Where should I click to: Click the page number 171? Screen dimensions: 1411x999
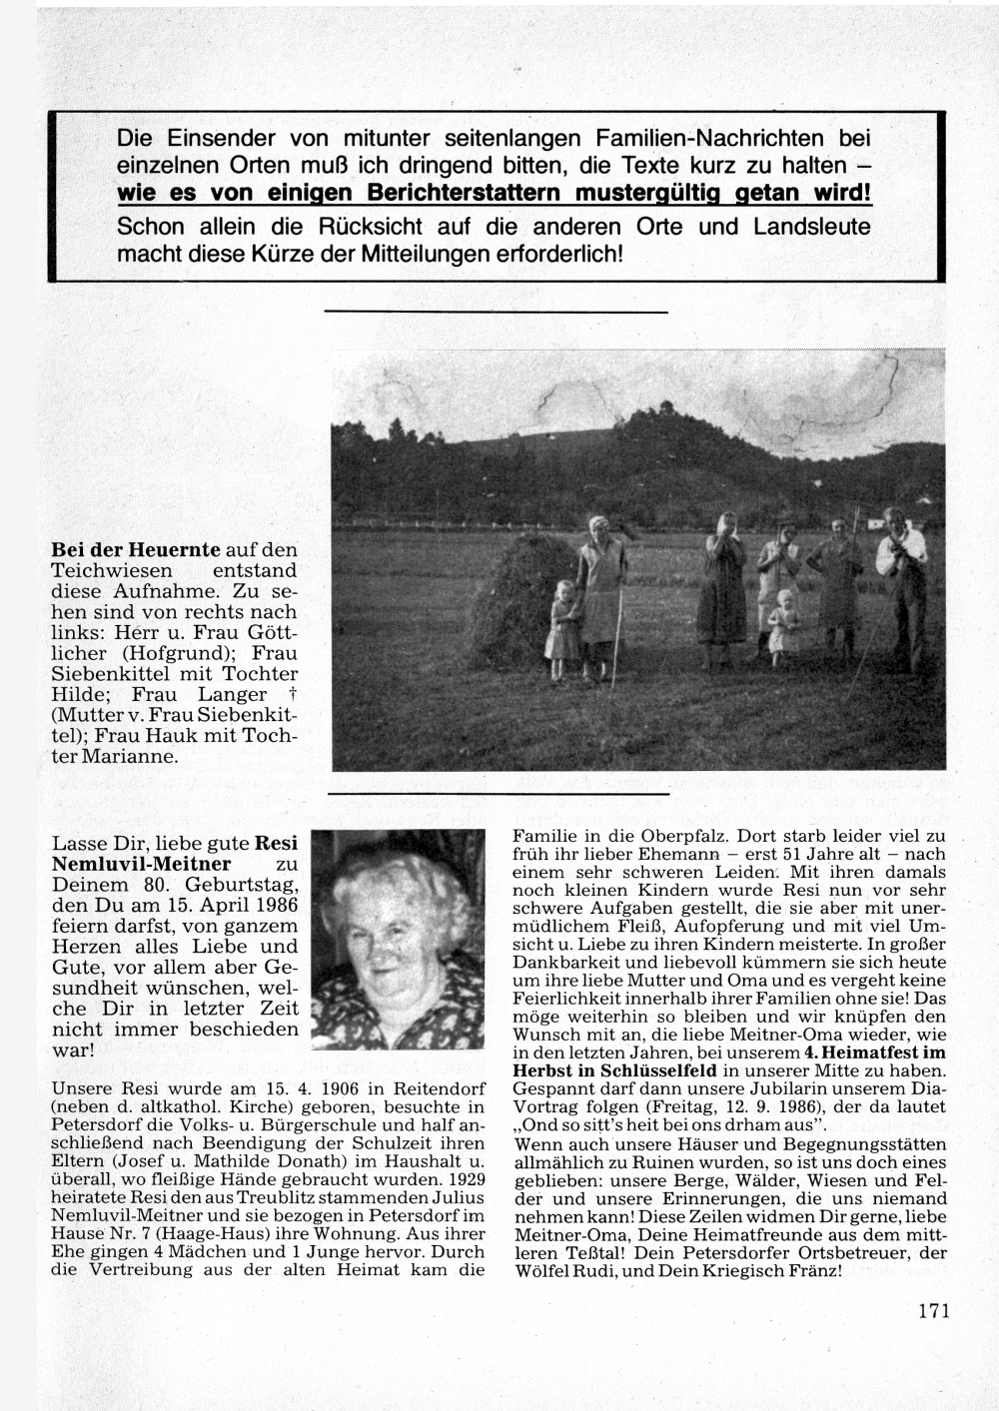point(932,1311)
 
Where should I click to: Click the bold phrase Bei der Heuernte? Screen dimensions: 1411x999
point(136,549)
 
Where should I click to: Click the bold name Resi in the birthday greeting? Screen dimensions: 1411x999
point(277,843)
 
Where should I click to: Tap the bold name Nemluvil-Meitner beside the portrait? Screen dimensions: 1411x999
point(141,864)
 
